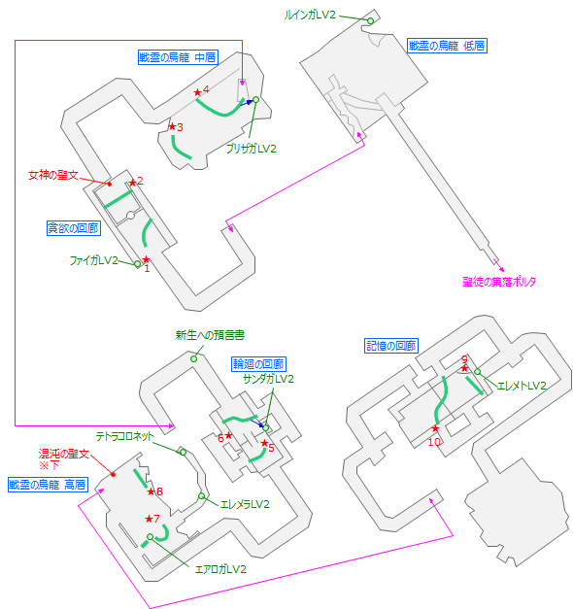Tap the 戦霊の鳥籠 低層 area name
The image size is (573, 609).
click(x=447, y=45)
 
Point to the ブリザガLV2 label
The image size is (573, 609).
click(x=252, y=149)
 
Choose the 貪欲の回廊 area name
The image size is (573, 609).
click(x=74, y=228)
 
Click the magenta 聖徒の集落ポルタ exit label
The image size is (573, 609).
click(x=499, y=282)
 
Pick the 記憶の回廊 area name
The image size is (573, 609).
click(x=390, y=346)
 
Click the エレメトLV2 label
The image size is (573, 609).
click(x=521, y=386)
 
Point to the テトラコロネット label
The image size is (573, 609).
click(x=124, y=436)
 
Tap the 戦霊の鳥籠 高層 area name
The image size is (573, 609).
click(x=48, y=484)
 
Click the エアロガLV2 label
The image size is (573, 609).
click(x=220, y=569)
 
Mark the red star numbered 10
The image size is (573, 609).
click(x=436, y=428)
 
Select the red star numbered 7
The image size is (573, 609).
click(x=149, y=519)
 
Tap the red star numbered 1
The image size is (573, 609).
click(x=146, y=259)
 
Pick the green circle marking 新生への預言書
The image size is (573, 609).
click(x=193, y=358)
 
